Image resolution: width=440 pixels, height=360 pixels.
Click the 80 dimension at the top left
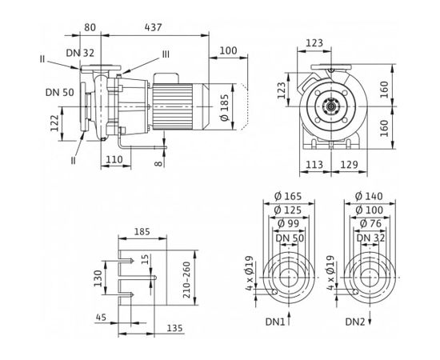[x=90, y=27]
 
